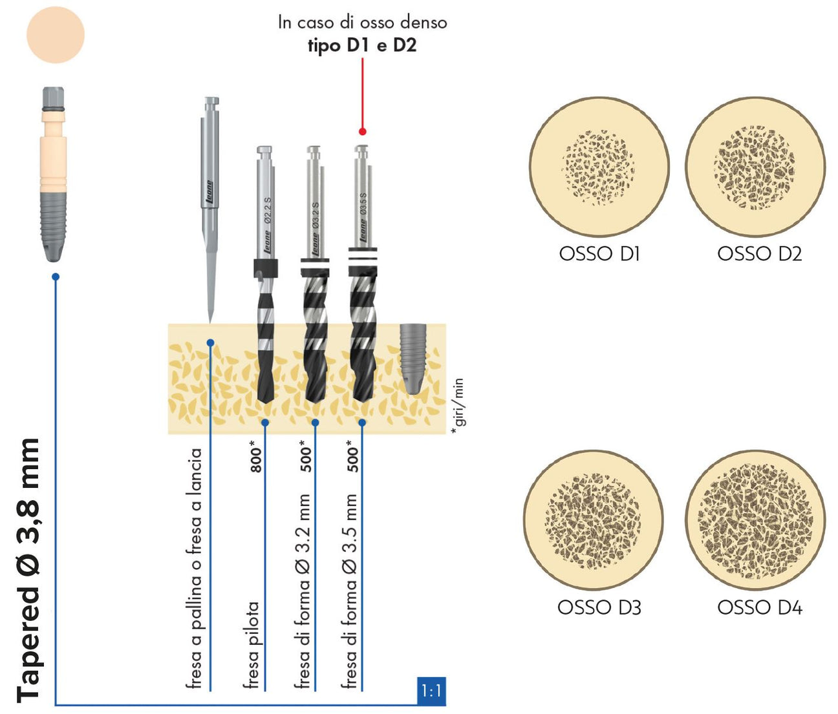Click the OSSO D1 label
coord(599,253)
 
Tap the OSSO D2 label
coord(759,253)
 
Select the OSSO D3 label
coord(599,607)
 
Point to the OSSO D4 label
coord(759,607)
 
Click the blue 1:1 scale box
coord(431,692)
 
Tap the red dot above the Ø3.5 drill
coord(363,131)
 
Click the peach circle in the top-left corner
coord(56,34)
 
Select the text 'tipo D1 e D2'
coord(362,46)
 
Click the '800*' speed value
coord(257,456)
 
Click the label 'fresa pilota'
coord(252,645)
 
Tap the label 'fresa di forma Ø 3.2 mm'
coord(303,591)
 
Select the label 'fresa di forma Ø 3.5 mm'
coord(349,591)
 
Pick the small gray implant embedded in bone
coord(412,357)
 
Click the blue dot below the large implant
coord(56,277)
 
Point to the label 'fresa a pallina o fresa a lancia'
coord(195,569)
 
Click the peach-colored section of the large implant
coord(53,152)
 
